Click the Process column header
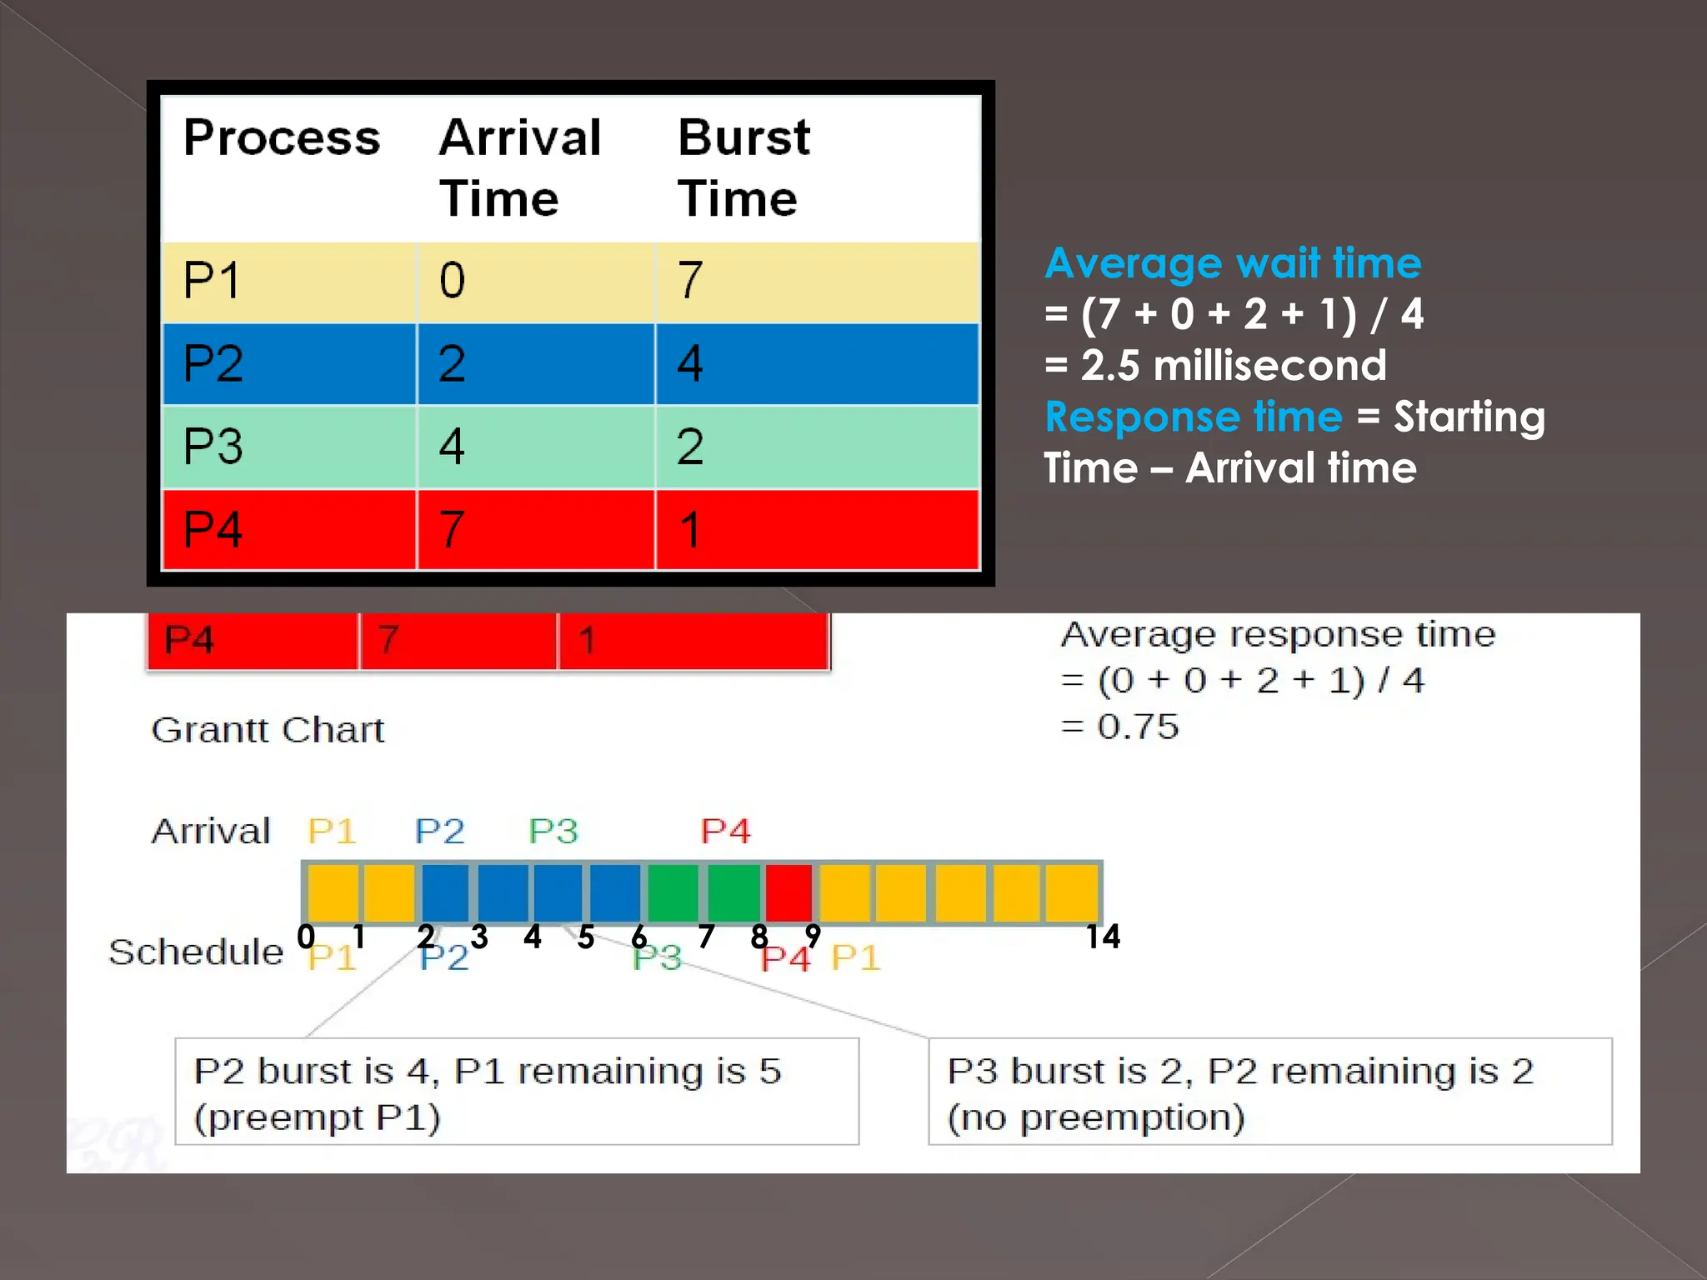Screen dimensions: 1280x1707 (282, 137)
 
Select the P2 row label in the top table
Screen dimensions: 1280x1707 (213, 363)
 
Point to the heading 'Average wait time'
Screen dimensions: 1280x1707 (1233, 263)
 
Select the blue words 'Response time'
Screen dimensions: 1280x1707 (1194, 417)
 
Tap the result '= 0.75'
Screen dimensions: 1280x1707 (1120, 727)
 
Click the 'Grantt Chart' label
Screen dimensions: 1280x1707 (268, 730)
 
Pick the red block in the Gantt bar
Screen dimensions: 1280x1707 (788, 892)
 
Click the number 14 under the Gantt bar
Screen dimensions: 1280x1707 (1103, 937)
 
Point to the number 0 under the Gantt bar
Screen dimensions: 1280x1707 (306, 937)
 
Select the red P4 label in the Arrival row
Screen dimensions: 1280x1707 (725, 831)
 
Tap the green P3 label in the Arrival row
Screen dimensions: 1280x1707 (553, 831)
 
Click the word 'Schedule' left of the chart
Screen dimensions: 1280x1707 (197, 952)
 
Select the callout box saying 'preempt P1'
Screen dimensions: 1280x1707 (517, 1092)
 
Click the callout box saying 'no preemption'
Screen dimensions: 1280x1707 (1269, 1092)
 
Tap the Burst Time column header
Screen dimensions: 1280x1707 (743, 168)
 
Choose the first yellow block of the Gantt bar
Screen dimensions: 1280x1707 (333, 892)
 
